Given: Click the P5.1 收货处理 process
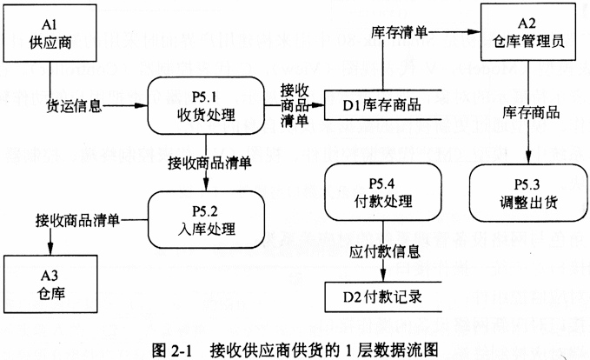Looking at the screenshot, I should [x=206, y=105].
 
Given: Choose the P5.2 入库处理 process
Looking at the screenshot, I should [x=206, y=220].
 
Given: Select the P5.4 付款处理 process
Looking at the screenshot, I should [x=383, y=193].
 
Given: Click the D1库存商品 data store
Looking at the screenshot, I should [x=382, y=105].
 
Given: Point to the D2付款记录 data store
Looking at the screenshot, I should [x=382, y=297].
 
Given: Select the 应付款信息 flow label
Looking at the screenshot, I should [x=385, y=253].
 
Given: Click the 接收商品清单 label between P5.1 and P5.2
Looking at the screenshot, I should [x=209, y=162].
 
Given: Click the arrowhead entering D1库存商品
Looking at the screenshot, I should [x=321, y=106].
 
